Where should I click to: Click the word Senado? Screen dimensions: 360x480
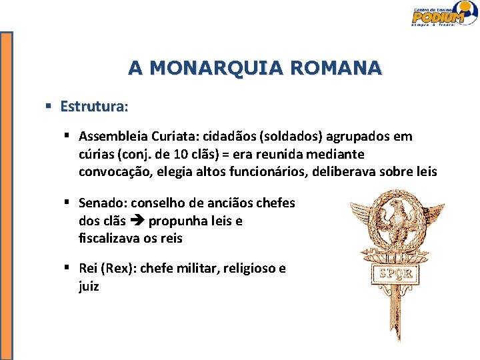coord(103,203)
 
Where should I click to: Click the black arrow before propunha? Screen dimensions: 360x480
coord(139,221)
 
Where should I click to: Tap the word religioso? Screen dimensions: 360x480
coord(250,268)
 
